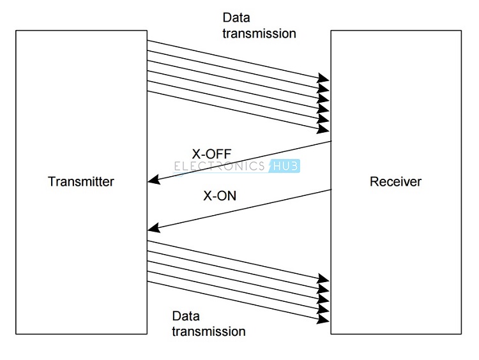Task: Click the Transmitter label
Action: [x=81, y=182]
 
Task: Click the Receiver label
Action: [x=395, y=182]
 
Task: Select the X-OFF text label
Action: [x=211, y=153]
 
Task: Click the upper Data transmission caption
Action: [x=259, y=26]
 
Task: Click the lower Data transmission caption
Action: [x=208, y=324]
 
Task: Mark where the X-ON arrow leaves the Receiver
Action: [x=331, y=189]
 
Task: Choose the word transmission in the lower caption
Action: [x=208, y=331]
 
